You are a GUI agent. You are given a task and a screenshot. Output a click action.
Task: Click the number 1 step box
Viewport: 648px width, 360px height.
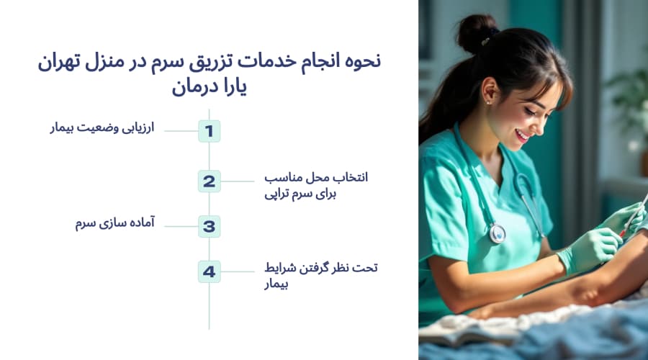[x=209, y=131]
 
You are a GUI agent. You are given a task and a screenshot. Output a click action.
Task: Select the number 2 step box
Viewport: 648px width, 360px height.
[x=209, y=181]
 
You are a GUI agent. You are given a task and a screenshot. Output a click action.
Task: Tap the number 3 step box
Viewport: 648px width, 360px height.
[x=209, y=226]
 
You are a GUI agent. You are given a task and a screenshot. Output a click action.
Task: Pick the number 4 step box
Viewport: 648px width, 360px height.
[x=209, y=271]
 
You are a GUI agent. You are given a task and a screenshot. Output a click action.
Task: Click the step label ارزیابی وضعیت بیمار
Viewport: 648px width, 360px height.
[x=103, y=130]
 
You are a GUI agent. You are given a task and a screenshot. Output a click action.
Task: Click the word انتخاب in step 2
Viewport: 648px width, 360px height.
[x=352, y=177]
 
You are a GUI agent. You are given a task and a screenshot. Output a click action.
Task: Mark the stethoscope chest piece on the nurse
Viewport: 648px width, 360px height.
[x=497, y=233]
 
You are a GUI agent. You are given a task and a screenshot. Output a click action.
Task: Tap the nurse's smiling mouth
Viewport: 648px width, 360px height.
[x=523, y=135]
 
